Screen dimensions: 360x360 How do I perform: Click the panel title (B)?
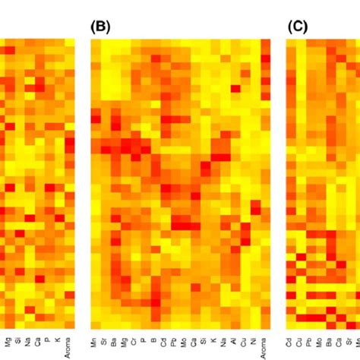click(100, 27)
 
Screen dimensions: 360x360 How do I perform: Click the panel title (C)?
click(297, 27)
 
